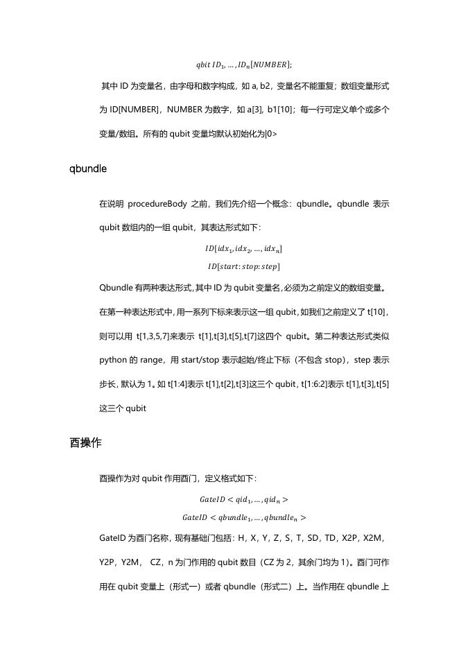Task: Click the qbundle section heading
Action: coord(87,168)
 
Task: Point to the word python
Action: coord(113,361)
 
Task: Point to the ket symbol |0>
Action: coord(271,134)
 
